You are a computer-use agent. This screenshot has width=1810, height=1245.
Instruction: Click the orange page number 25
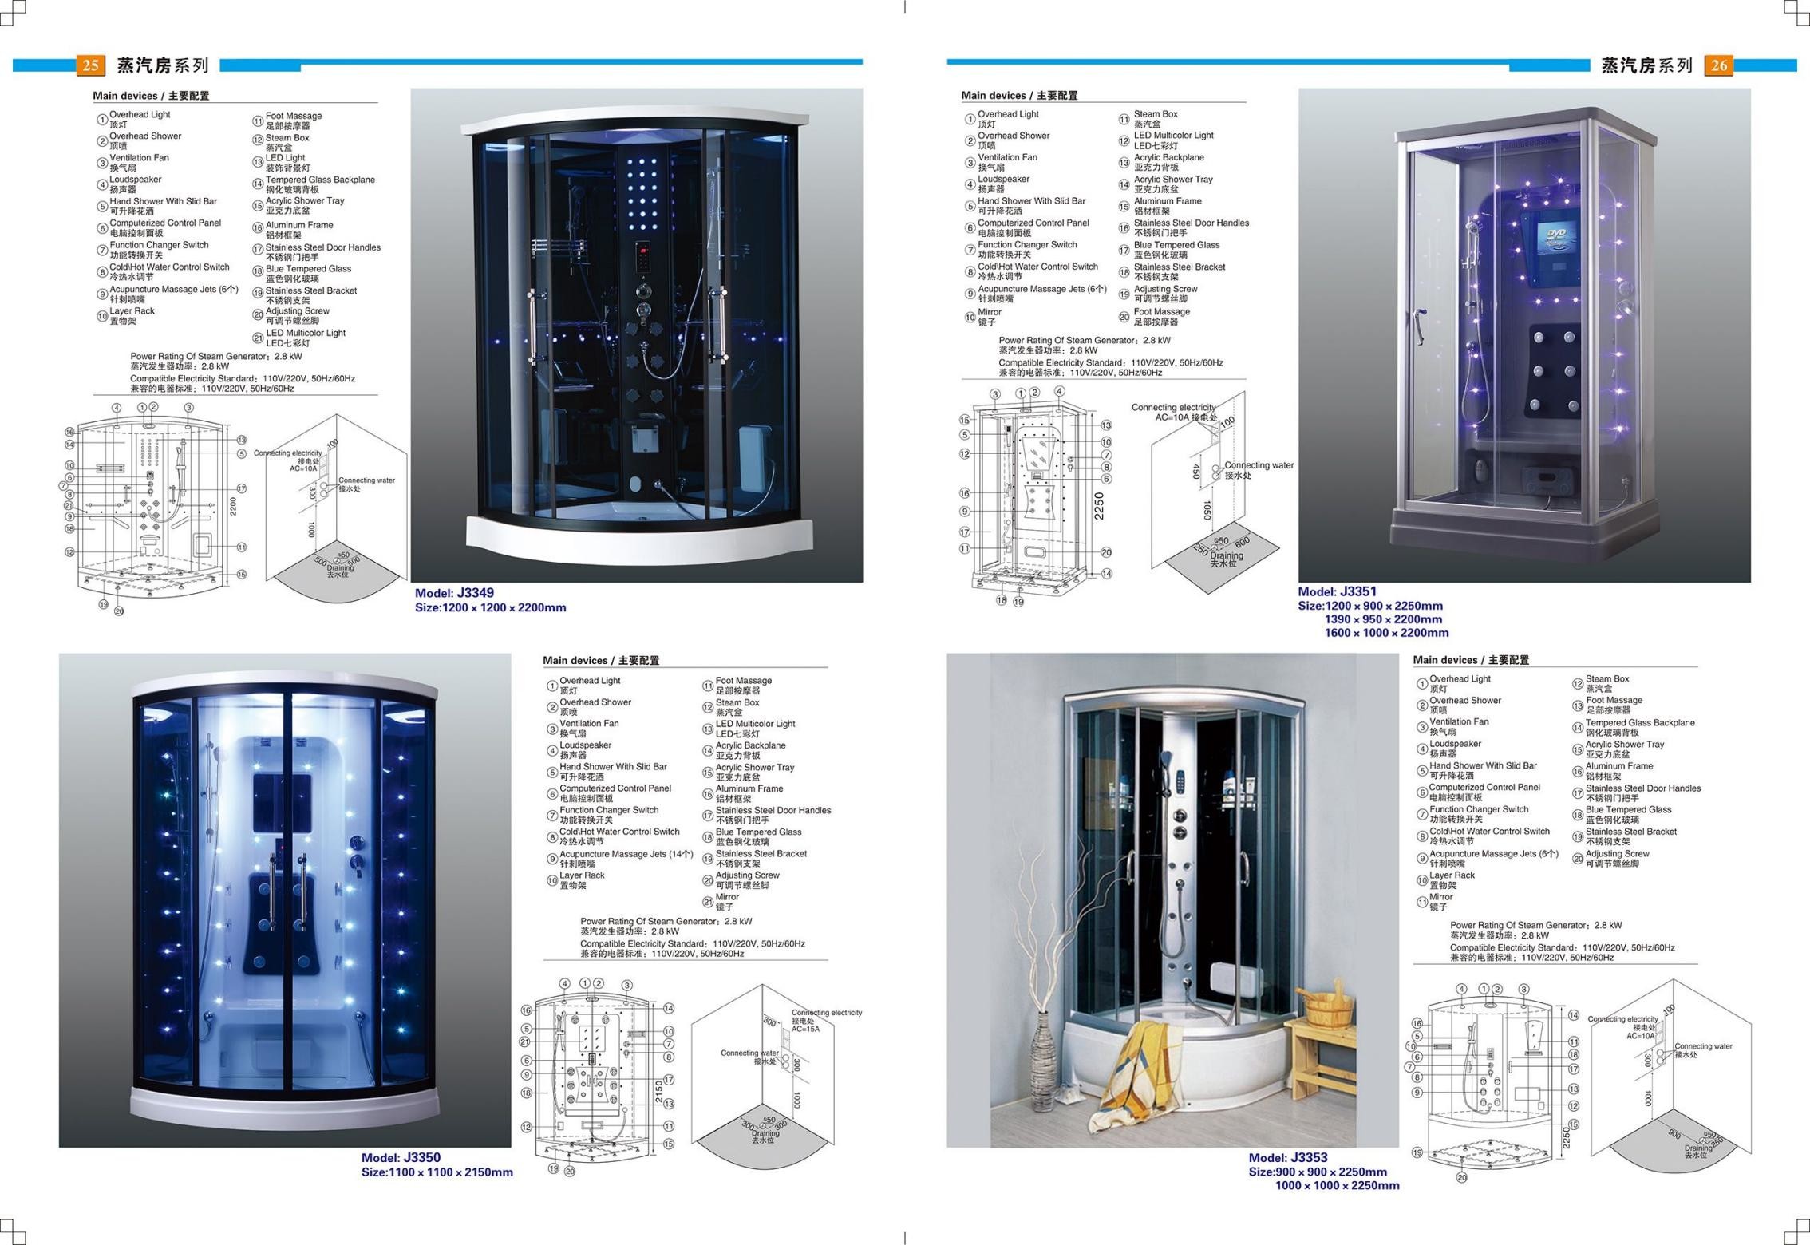[x=90, y=65]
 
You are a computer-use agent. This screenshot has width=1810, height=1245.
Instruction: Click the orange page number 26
[x=1718, y=65]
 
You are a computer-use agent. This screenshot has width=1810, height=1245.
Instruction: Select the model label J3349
[x=454, y=593]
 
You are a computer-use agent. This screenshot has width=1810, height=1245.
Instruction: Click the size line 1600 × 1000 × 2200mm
[x=1386, y=633]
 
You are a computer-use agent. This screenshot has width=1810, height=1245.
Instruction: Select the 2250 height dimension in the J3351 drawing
[x=1099, y=506]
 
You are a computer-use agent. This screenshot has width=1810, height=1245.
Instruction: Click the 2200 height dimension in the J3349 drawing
[x=233, y=506]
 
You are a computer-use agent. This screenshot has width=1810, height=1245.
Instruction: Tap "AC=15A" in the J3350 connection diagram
[x=805, y=1029]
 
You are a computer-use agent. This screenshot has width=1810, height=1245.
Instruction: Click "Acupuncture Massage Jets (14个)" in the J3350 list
[x=626, y=854]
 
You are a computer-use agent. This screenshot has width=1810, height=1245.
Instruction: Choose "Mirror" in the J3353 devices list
[x=1441, y=897]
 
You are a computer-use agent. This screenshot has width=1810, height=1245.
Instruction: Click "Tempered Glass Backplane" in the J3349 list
[x=320, y=180]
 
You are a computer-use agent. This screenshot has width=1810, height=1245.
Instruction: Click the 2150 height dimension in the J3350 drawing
[x=659, y=1092]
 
